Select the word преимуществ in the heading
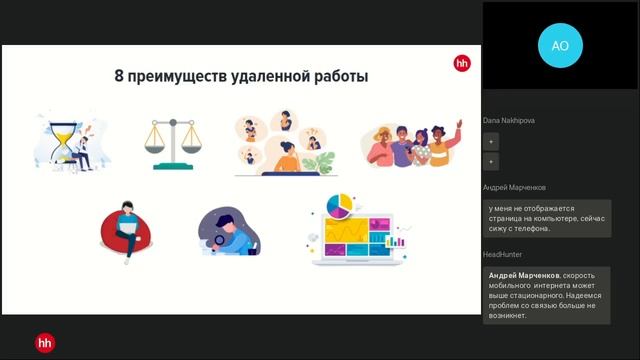tap(177, 76)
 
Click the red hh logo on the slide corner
tap(461, 62)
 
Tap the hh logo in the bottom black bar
tap(45, 343)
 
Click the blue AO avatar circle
tap(560, 45)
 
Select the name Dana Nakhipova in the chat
tap(509, 121)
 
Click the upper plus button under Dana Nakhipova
tap(492, 142)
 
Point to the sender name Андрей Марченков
tap(514, 187)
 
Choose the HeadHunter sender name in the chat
tap(504, 254)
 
